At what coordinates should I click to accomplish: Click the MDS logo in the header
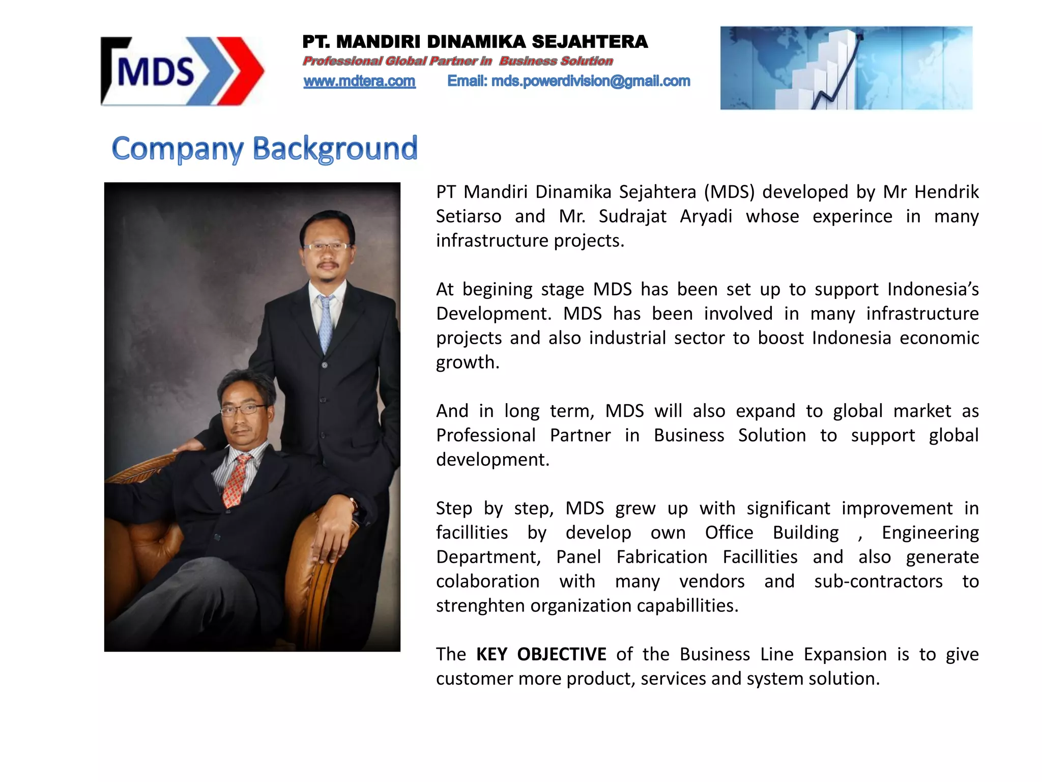(182, 71)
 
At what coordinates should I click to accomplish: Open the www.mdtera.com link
(359, 81)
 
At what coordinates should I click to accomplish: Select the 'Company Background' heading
(265, 149)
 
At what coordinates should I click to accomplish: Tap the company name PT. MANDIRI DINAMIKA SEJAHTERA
(475, 42)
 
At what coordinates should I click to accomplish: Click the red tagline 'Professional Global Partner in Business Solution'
(457, 61)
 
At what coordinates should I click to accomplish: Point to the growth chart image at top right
(846, 68)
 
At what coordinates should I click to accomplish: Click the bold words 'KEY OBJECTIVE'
(541, 654)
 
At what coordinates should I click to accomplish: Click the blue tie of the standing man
(325, 324)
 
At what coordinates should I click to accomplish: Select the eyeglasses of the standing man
(326, 247)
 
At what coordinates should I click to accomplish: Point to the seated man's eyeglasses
(243, 409)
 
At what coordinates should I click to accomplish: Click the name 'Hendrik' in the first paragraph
(946, 192)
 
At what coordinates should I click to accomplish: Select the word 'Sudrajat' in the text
(632, 216)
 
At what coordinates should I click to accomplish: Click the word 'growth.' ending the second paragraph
(468, 362)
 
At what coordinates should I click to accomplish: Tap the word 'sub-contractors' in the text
(878, 581)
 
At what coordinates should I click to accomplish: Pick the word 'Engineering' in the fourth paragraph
(930, 533)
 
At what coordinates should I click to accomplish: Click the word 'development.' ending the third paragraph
(493, 460)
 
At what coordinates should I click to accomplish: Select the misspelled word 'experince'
(852, 216)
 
